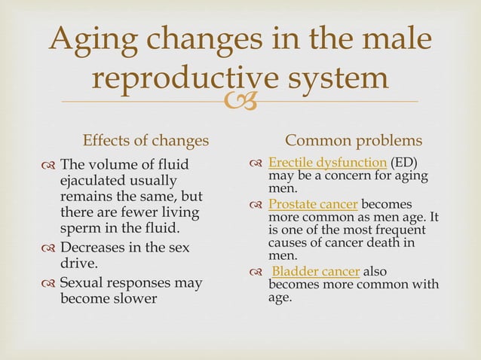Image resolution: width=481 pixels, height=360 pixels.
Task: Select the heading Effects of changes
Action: (x=146, y=142)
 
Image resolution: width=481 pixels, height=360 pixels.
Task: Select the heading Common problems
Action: (x=354, y=142)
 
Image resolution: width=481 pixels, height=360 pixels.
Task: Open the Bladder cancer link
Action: (x=316, y=271)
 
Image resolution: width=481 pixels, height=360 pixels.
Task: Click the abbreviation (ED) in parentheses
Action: (x=404, y=163)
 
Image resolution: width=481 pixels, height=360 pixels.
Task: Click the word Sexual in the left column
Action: (x=84, y=282)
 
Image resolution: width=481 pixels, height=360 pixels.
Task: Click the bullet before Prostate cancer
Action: (x=257, y=205)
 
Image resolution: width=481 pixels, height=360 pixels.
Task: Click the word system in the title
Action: (x=342, y=80)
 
